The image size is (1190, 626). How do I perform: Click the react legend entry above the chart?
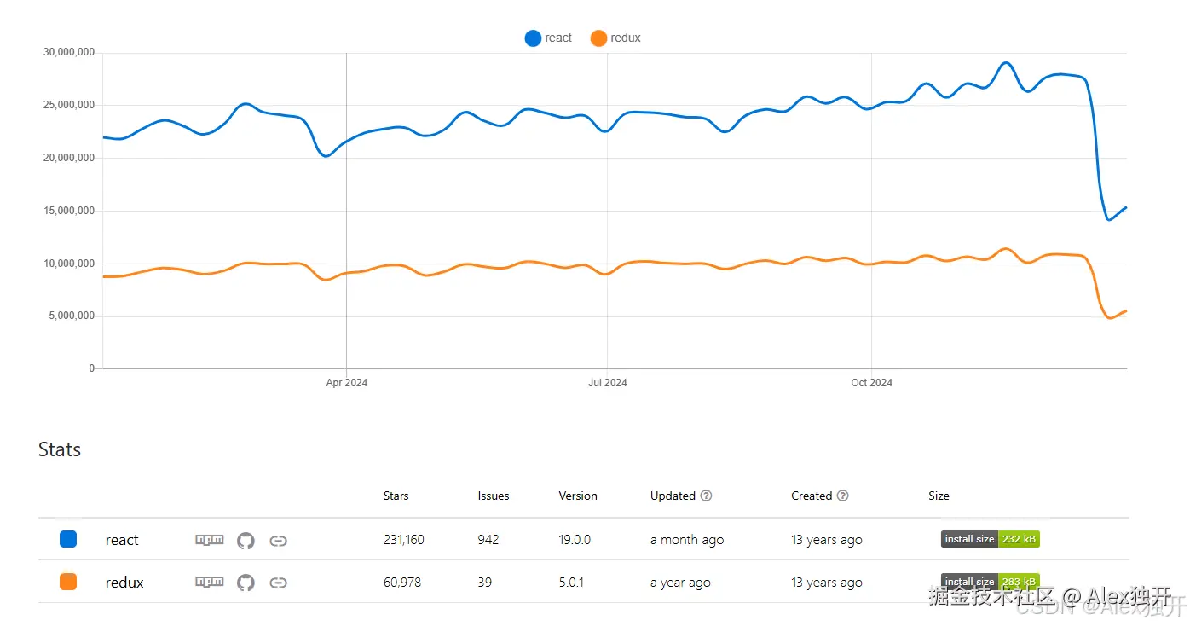pyautogui.click(x=549, y=38)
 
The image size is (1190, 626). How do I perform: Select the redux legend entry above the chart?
pyautogui.click(x=615, y=38)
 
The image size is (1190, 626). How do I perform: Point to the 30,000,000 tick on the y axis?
pyautogui.click(x=68, y=53)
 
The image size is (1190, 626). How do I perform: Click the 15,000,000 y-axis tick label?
pyautogui.click(x=68, y=211)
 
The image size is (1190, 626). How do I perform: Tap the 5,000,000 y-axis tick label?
pyautogui.click(x=71, y=316)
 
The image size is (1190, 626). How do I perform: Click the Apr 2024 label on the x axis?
pyautogui.click(x=346, y=383)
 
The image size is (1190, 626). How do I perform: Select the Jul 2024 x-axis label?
pyautogui.click(x=607, y=383)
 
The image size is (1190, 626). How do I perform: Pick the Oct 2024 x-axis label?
pyautogui.click(x=871, y=383)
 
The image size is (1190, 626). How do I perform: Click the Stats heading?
pyautogui.click(x=60, y=449)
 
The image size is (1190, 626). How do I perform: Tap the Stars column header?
pyautogui.click(x=396, y=496)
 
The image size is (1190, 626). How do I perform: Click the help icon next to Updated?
pyautogui.click(x=706, y=496)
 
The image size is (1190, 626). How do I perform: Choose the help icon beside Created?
pyautogui.click(x=842, y=496)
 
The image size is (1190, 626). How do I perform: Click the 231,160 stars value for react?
pyautogui.click(x=403, y=540)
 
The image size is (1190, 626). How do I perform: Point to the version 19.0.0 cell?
pyautogui.click(x=575, y=540)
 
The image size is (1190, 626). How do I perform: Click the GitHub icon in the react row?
pyautogui.click(x=246, y=540)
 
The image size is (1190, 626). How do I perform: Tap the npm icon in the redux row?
pyautogui.click(x=210, y=583)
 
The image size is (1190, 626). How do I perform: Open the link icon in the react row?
pyautogui.click(x=278, y=540)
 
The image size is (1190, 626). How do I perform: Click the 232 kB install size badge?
pyautogui.click(x=990, y=539)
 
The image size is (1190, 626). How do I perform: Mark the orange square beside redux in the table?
pyautogui.click(x=68, y=582)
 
